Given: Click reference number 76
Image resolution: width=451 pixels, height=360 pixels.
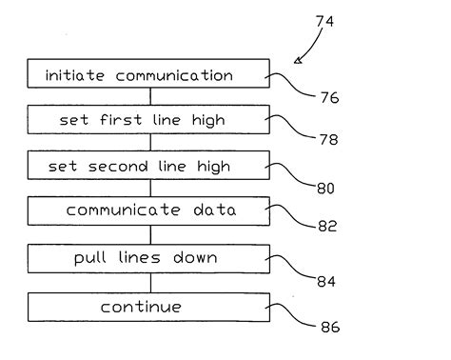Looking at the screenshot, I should (x=327, y=97).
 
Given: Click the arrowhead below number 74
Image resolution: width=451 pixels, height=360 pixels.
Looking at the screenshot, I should (x=299, y=60).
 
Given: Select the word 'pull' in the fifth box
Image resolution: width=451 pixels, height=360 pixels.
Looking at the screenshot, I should (x=90, y=259).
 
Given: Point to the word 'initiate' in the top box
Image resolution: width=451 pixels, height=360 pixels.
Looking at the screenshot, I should (x=76, y=74).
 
